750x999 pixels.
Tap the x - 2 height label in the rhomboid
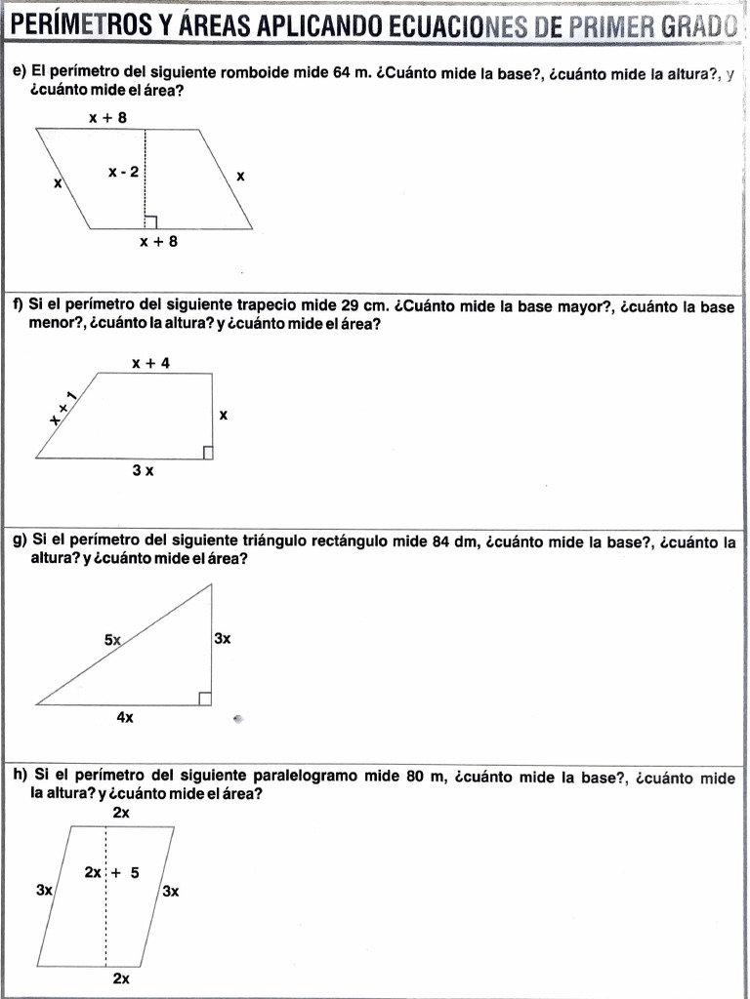124,172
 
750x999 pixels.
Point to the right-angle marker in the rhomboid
149,222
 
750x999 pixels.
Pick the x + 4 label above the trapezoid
150,363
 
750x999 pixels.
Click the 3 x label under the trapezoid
143,470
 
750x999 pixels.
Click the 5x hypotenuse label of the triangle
113,640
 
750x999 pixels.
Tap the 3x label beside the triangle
222,638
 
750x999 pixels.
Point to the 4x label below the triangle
125,717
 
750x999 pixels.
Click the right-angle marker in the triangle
205,697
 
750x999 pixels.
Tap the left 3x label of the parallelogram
44,890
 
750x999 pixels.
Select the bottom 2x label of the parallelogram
121,978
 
